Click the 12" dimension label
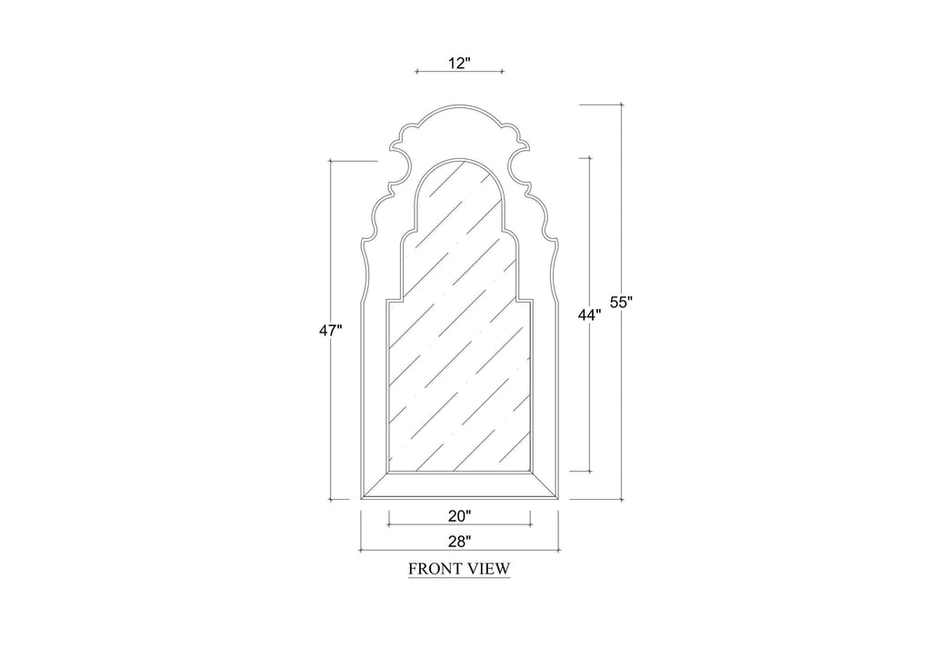459,63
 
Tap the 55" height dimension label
622,302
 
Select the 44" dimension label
589,315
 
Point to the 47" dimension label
331,331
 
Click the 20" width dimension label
459,516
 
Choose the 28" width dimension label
459,541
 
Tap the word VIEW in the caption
488,568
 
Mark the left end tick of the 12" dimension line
416,71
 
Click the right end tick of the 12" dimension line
502,71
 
